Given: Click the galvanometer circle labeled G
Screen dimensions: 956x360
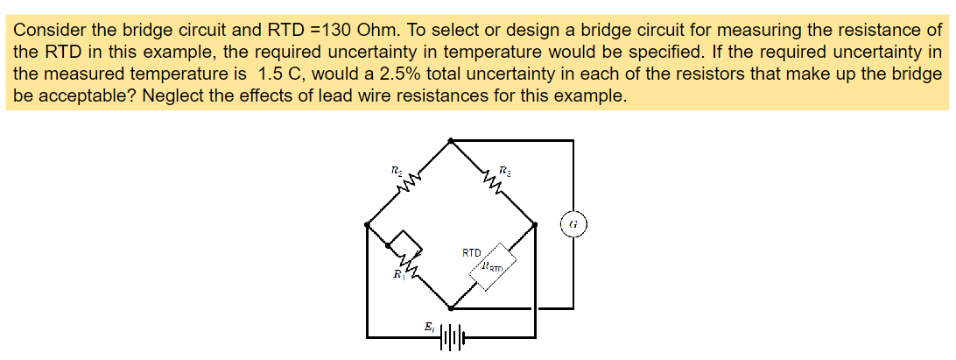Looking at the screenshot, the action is pos(573,223).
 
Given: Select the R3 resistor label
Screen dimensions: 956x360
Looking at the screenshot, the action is pos(504,169).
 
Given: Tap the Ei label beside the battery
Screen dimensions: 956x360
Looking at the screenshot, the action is pos(427,327).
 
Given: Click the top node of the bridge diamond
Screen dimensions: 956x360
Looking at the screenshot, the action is pos(450,140).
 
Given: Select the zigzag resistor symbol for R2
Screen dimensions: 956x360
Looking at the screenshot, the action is pos(408,182).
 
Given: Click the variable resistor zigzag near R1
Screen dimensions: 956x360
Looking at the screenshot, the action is pos(408,262).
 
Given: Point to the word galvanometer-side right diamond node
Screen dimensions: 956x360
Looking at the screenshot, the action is pos(536,224).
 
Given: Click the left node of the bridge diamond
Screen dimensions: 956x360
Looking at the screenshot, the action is pos(366,225).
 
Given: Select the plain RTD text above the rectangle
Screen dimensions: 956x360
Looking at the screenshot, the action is pos(473,252).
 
